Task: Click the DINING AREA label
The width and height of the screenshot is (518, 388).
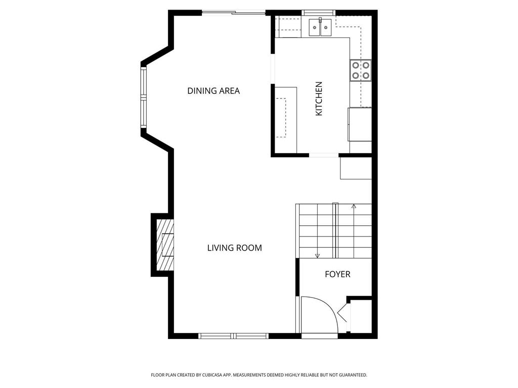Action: (x=213, y=91)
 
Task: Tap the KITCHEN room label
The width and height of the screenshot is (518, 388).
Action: (x=319, y=99)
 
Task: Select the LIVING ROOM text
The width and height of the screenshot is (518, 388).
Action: (x=234, y=248)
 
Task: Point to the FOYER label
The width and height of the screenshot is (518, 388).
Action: (x=337, y=274)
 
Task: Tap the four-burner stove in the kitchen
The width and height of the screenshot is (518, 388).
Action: (x=360, y=70)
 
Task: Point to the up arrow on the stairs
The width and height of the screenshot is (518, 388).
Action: (x=354, y=206)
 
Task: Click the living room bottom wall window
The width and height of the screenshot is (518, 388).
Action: (x=233, y=335)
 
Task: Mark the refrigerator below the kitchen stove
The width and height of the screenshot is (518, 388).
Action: (x=360, y=124)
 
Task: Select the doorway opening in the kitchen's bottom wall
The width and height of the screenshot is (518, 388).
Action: (x=324, y=155)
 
